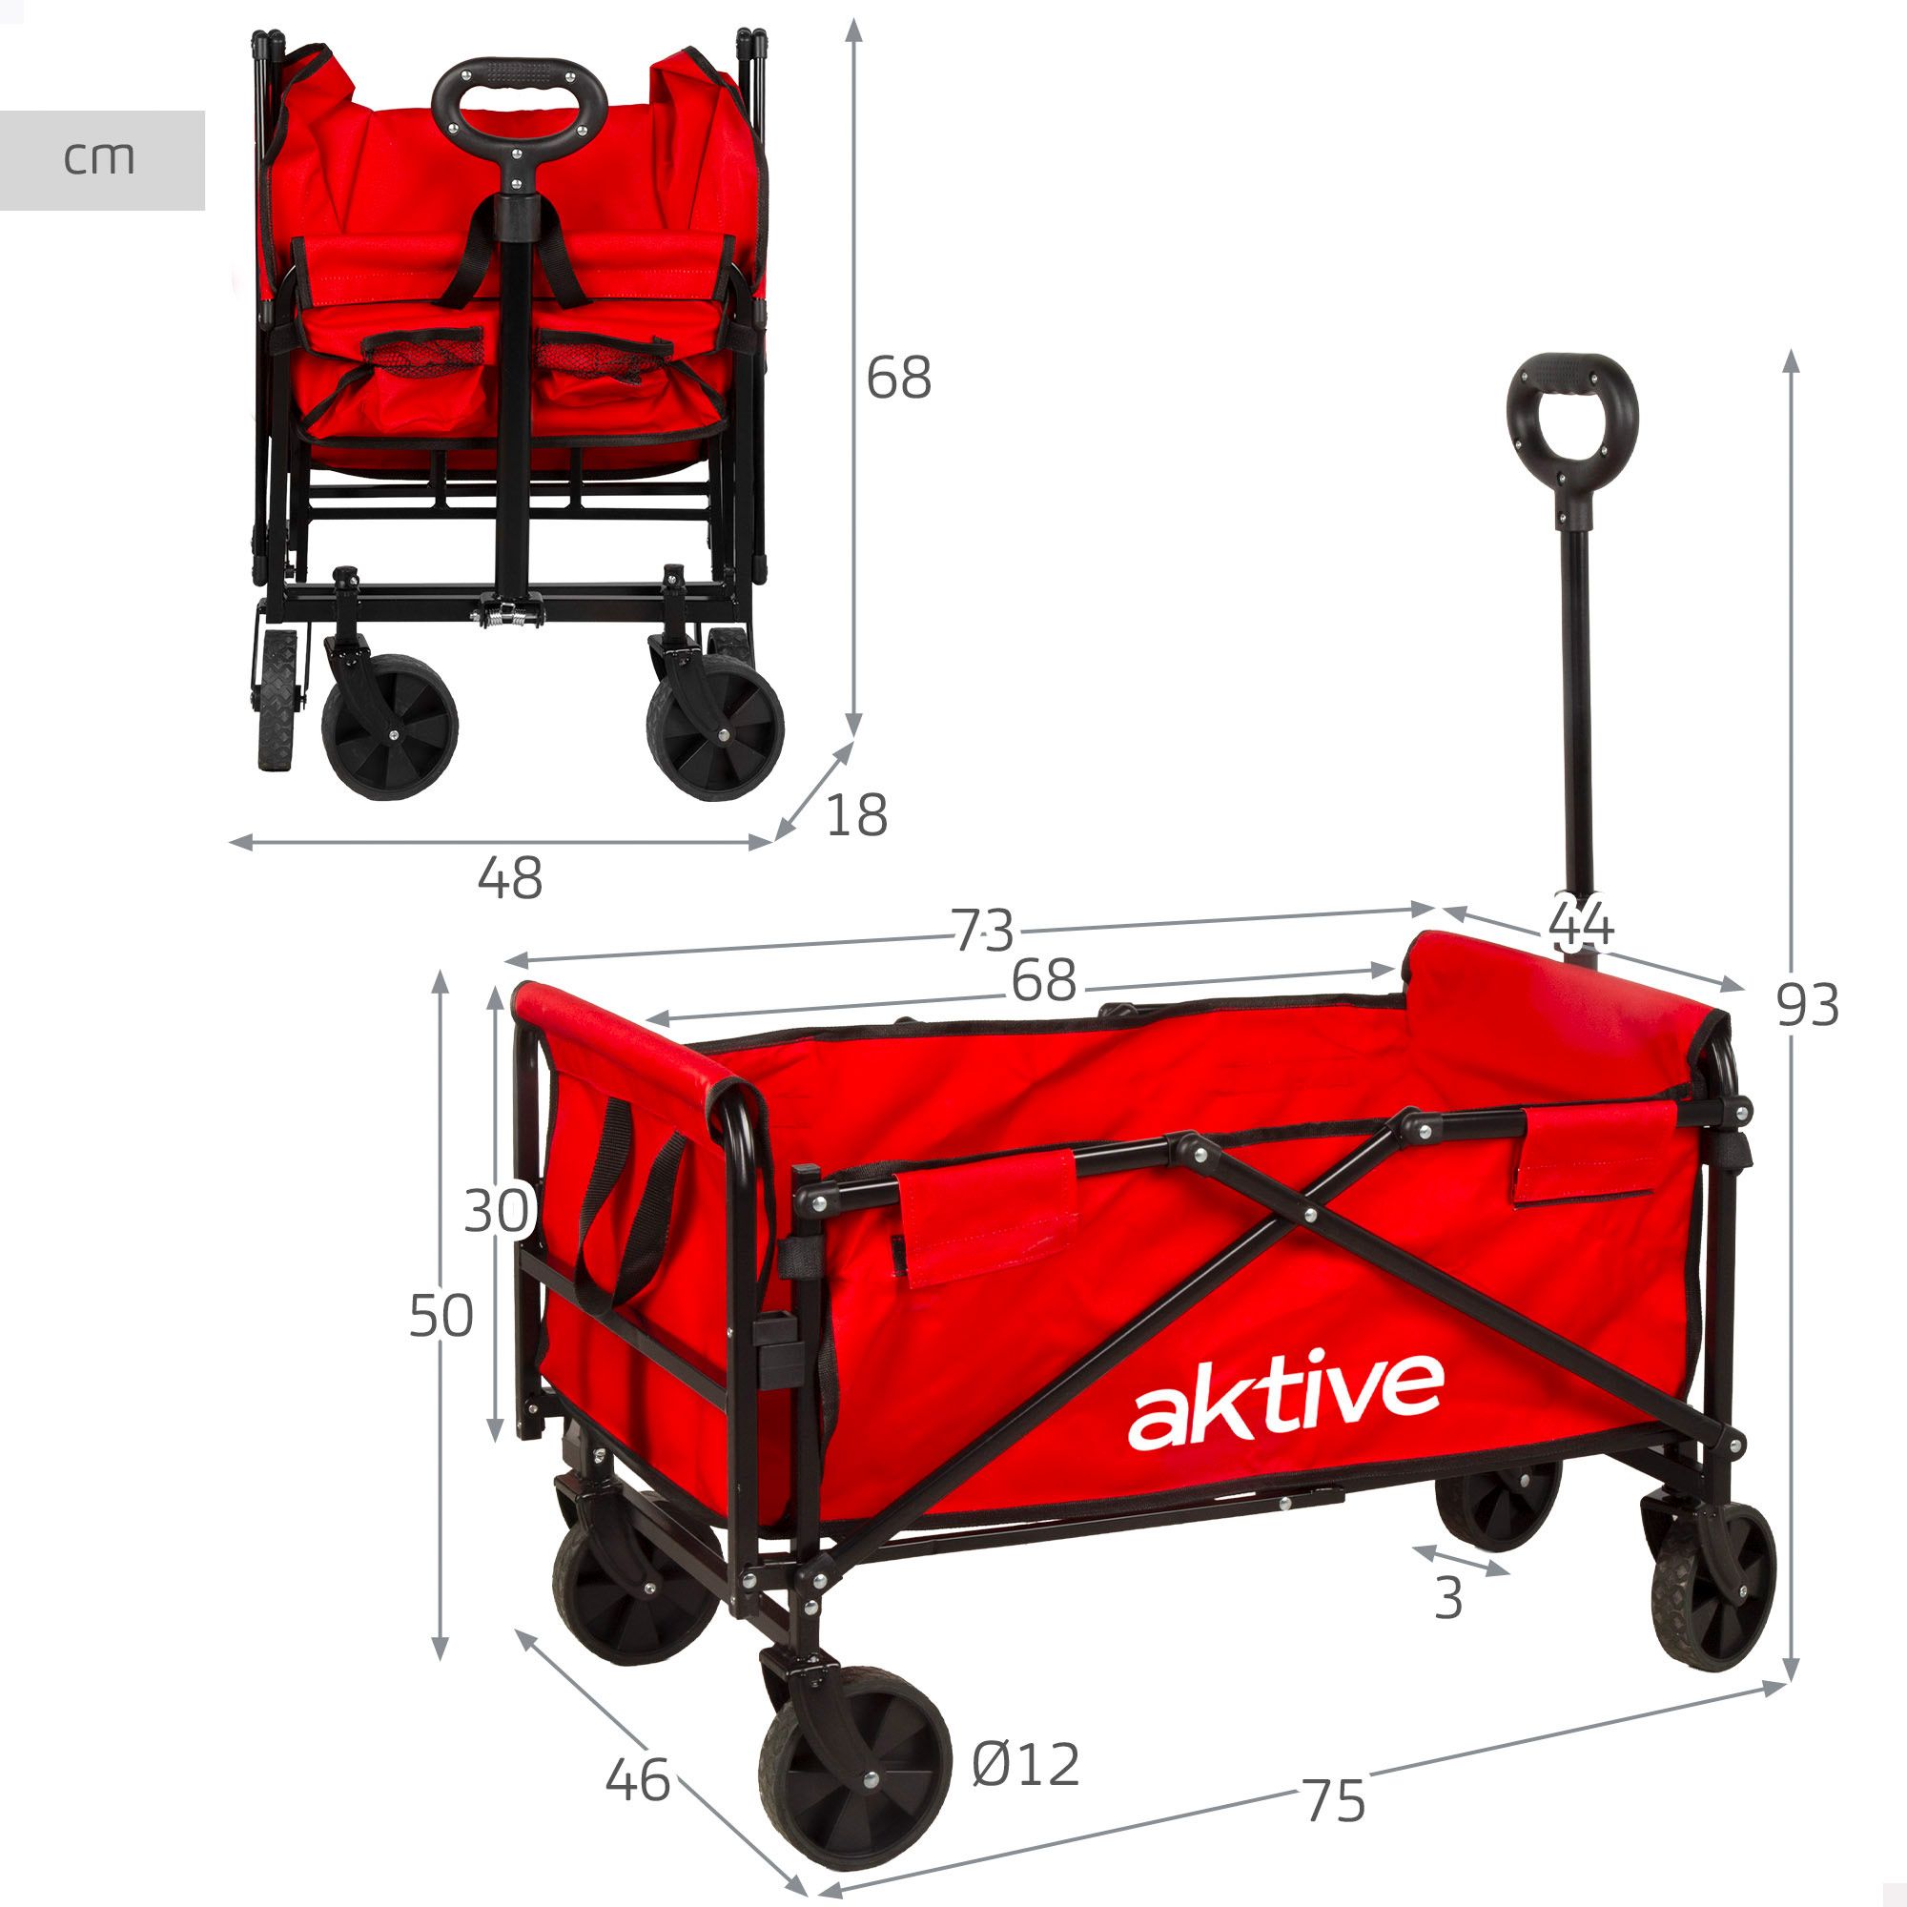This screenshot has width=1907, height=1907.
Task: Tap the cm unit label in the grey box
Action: pos(99,159)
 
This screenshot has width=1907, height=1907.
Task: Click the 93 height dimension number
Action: pos(1807,1006)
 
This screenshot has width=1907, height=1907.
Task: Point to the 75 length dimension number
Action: pos(1335,1800)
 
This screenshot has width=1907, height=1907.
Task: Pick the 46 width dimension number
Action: pos(638,1780)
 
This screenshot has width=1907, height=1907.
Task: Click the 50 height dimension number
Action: pos(441,1316)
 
